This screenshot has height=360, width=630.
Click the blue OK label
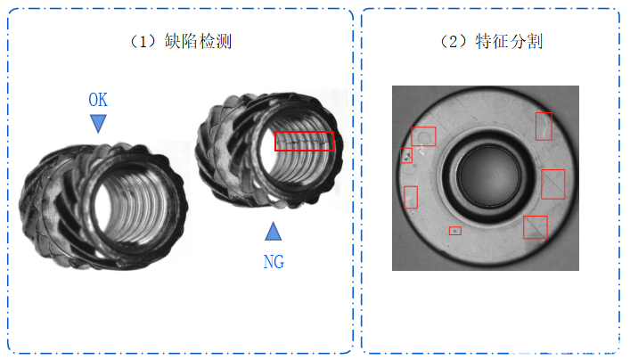[x=98, y=100]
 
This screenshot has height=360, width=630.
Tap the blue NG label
[x=274, y=262]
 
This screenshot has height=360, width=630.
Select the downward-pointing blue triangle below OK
[x=98, y=123]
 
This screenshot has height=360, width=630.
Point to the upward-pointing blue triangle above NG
[x=274, y=231]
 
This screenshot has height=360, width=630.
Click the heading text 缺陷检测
[x=198, y=41]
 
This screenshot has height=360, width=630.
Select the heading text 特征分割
[x=509, y=41]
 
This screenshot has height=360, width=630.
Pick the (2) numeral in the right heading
[x=454, y=41]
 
